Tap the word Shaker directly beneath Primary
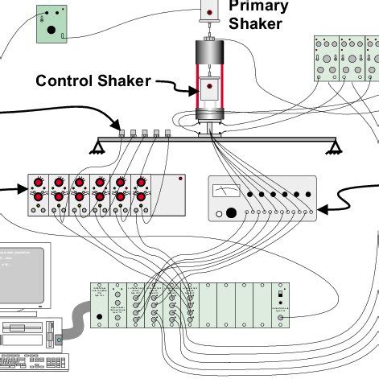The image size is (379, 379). pyautogui.click(x=255, y=24)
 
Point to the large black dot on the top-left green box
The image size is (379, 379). pyautogui.click(x=51, y=31)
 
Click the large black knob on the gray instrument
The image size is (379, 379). pyautogui.click(x=233, y=213)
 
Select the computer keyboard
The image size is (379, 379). pyautogui.click(x=32, y=360)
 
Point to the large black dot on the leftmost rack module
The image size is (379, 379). pyautogui.click(x=100, y=317)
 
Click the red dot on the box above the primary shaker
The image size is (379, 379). pyautogui.click(x=210, y=13)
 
